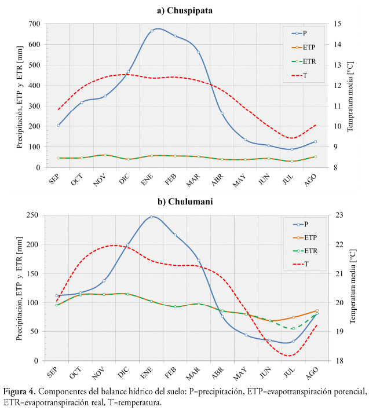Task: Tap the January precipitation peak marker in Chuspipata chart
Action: [x=152, y=31]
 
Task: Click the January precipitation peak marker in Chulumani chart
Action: [x=151, y=217]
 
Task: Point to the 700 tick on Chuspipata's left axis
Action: [x=34, y=24]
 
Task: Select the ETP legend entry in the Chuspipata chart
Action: [x=305, y=47]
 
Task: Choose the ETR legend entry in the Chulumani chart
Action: [x=305, y=251]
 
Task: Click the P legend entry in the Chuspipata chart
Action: [x=302, y=34]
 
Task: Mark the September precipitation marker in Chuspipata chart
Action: [x=59, y=125]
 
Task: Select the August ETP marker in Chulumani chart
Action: [x=316, y=310]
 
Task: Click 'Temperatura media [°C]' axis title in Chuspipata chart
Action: [x=351, y=96]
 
